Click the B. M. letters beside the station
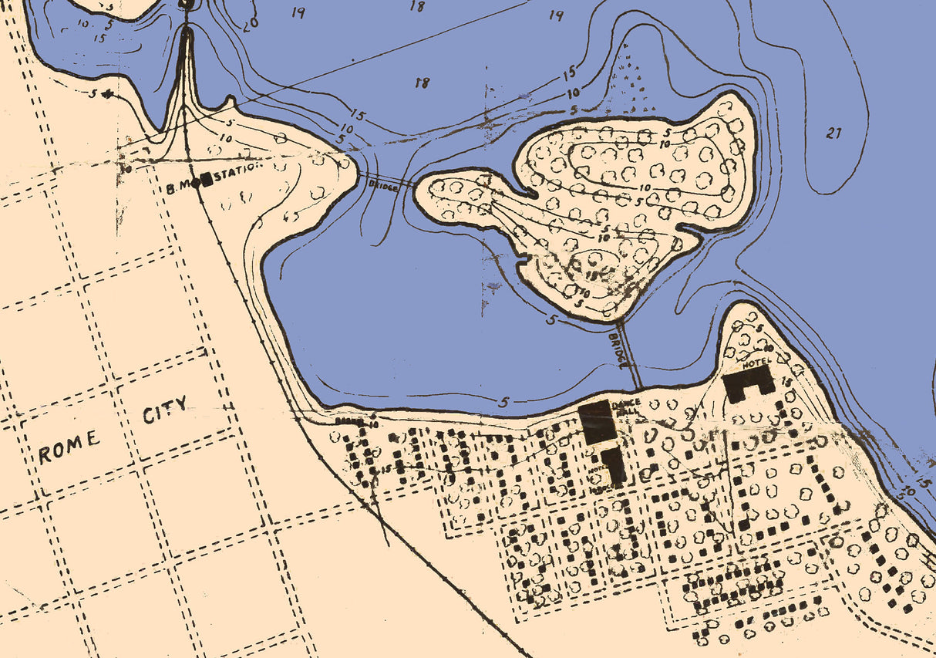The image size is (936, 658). tap(183, 186)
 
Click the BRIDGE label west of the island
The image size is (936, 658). tap(384, 185)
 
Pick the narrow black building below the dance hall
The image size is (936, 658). tap(614, 467)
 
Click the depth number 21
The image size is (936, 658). tap(833, 133)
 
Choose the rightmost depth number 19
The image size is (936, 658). tap(557, 15)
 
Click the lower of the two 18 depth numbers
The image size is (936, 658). tap(422, 83)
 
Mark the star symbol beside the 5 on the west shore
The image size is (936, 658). tap(108, 94)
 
